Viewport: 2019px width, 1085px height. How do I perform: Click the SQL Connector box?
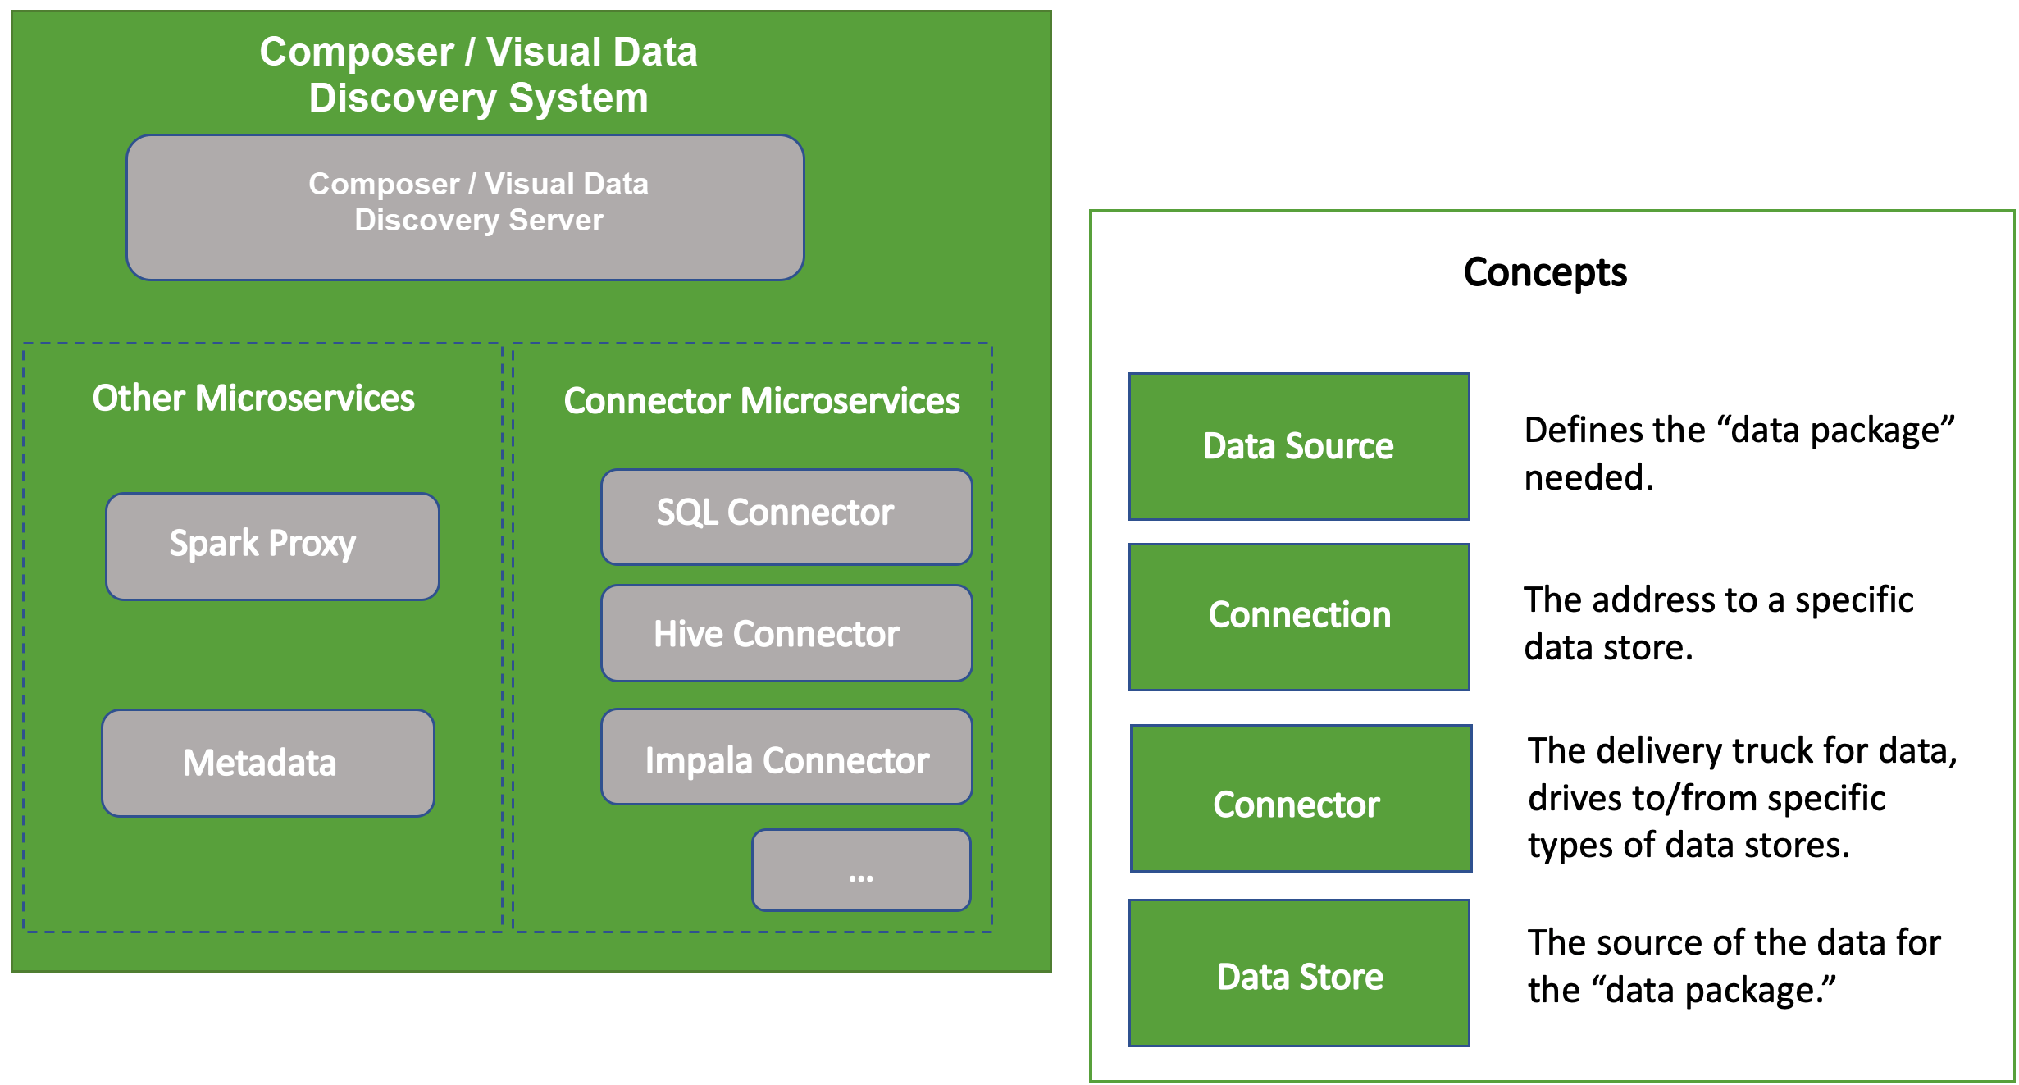click(x=786, y=517)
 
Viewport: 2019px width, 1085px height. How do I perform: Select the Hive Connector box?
click(x=786, y=633)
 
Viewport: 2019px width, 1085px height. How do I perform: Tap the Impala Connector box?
click(x=786, y=757)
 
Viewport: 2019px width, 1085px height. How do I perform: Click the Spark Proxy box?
click(x=272, y=546)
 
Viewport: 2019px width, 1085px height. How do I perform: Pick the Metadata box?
click(x=268, y=763)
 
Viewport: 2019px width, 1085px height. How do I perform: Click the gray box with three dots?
click(x=861, y=870)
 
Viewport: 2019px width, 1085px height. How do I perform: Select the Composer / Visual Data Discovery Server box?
click(x=465, y=207)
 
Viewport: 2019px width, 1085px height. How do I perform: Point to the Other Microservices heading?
click(x=253, y=399)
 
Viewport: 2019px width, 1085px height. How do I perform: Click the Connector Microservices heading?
click(x=762, y=401)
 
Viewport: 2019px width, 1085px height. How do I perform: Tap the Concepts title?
click(x=1545, y=272)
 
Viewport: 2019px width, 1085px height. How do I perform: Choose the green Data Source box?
click(x=1299, y=447)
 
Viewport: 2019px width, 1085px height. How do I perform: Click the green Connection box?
click(x=1299, y=618)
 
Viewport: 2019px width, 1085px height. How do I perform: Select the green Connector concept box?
click(x=1301, y=799)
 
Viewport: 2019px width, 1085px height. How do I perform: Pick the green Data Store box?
click(x=1299, y=973)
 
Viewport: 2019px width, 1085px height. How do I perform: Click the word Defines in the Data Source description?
click(x=1572, y=431)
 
